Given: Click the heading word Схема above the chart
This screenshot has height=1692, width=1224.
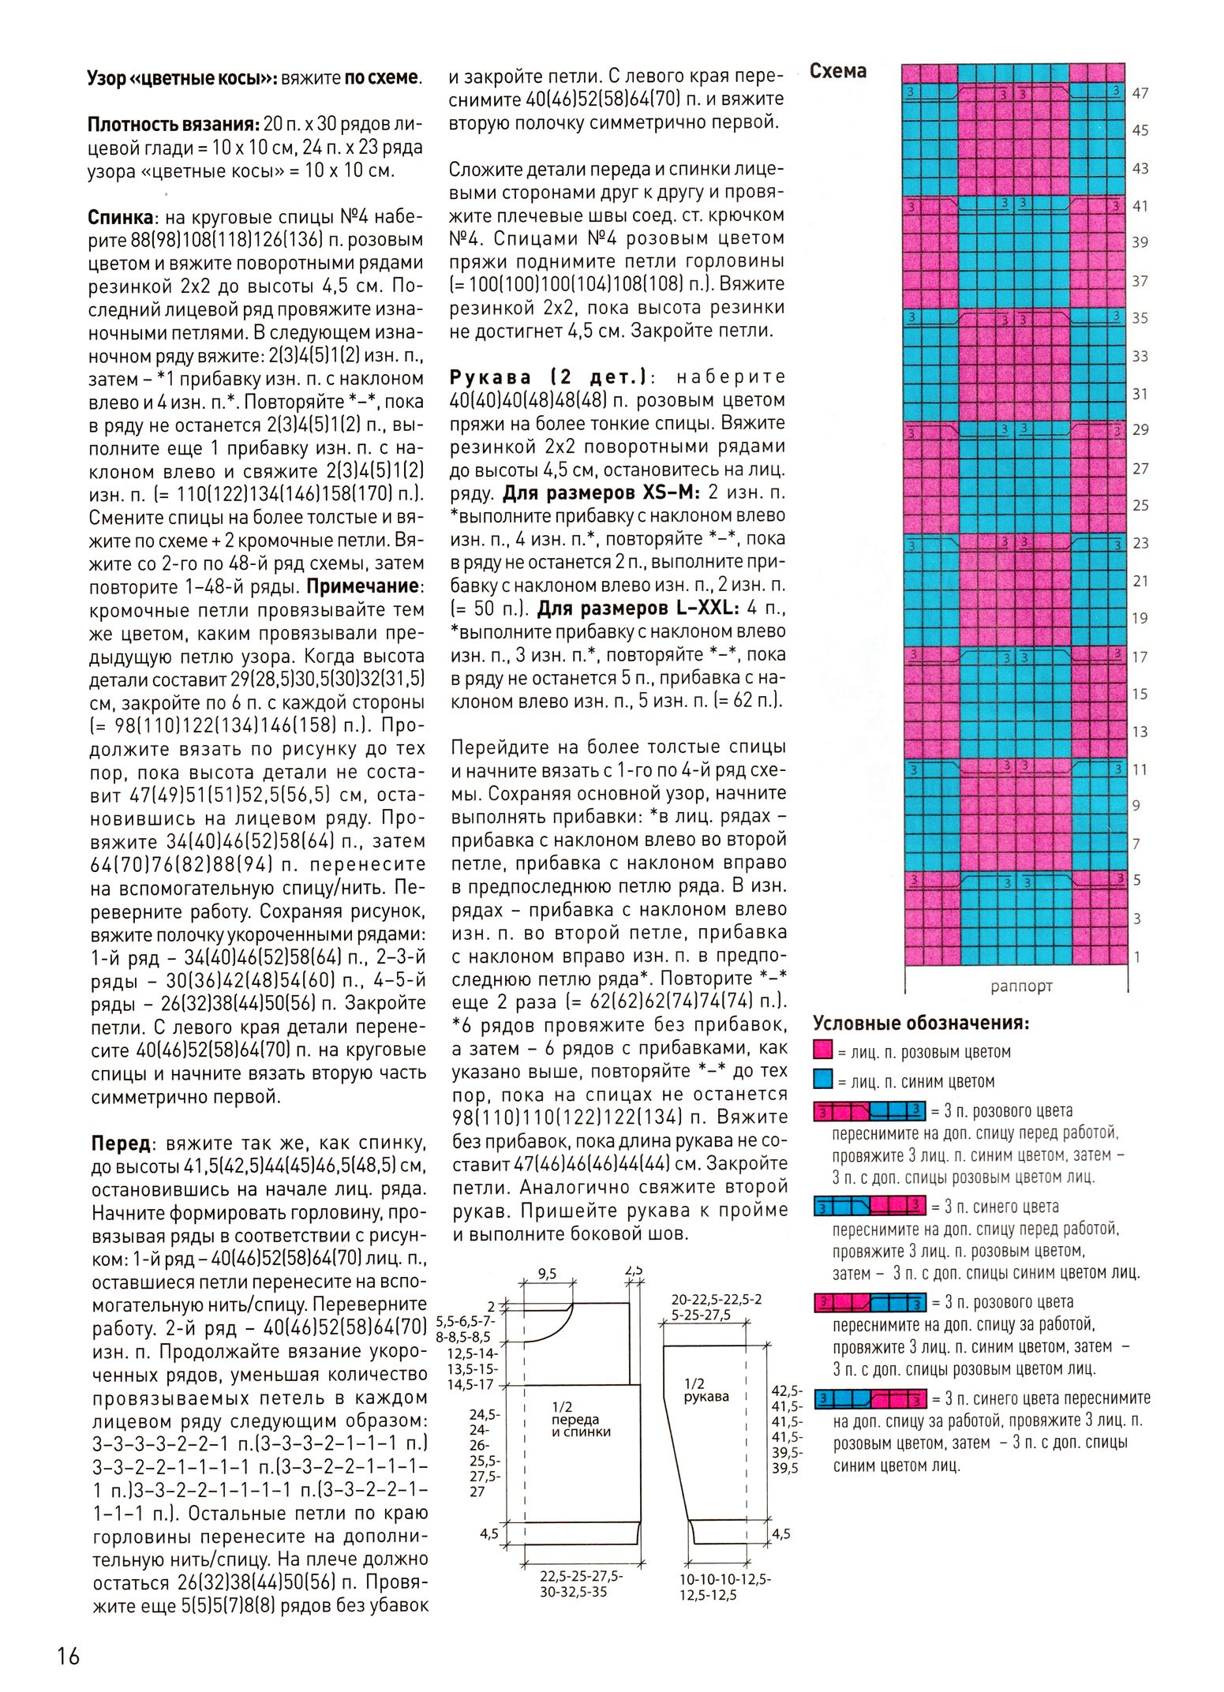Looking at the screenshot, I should (837, 71).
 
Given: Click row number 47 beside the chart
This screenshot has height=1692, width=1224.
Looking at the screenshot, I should (1140, 93).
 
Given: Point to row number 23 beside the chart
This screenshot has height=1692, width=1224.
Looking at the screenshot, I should (1140, 543).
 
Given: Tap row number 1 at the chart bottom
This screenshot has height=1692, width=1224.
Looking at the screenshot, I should (1137, 956).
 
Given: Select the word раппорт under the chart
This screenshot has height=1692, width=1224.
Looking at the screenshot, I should (1021, 986).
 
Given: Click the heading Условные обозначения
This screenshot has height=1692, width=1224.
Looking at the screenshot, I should (921, 1024).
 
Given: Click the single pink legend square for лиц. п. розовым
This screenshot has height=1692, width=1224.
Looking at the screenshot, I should (823, 1050).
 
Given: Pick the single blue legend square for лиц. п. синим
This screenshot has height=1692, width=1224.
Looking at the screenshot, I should (823, 1080).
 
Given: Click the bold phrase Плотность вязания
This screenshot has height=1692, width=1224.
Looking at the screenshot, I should (173, 124).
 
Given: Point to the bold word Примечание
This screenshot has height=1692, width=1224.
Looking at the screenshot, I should (364, 586).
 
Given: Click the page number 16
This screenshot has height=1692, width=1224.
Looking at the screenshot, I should (69, 1655).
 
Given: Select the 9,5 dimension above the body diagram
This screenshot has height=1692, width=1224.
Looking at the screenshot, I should (547, 1273).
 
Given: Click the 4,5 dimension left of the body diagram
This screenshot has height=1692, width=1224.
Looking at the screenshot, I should (489, 1533).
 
